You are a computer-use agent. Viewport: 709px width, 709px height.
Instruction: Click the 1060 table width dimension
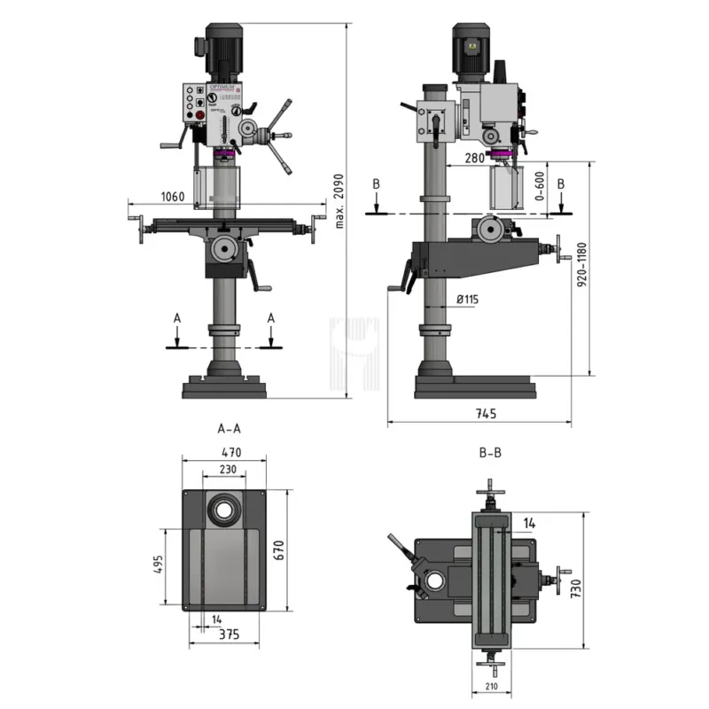click(173, 197)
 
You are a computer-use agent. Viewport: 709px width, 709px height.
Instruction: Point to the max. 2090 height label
click(339, 199)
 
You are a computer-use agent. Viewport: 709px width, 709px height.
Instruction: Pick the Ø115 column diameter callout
click(467, 300)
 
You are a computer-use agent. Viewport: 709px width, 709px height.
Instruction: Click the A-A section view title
click(229, 428)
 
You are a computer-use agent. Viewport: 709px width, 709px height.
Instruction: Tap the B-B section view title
click(490, 452)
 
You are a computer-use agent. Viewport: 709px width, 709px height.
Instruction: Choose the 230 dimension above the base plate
click(227, 471)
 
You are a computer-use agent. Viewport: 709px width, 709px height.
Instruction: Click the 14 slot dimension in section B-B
click(530, 523)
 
